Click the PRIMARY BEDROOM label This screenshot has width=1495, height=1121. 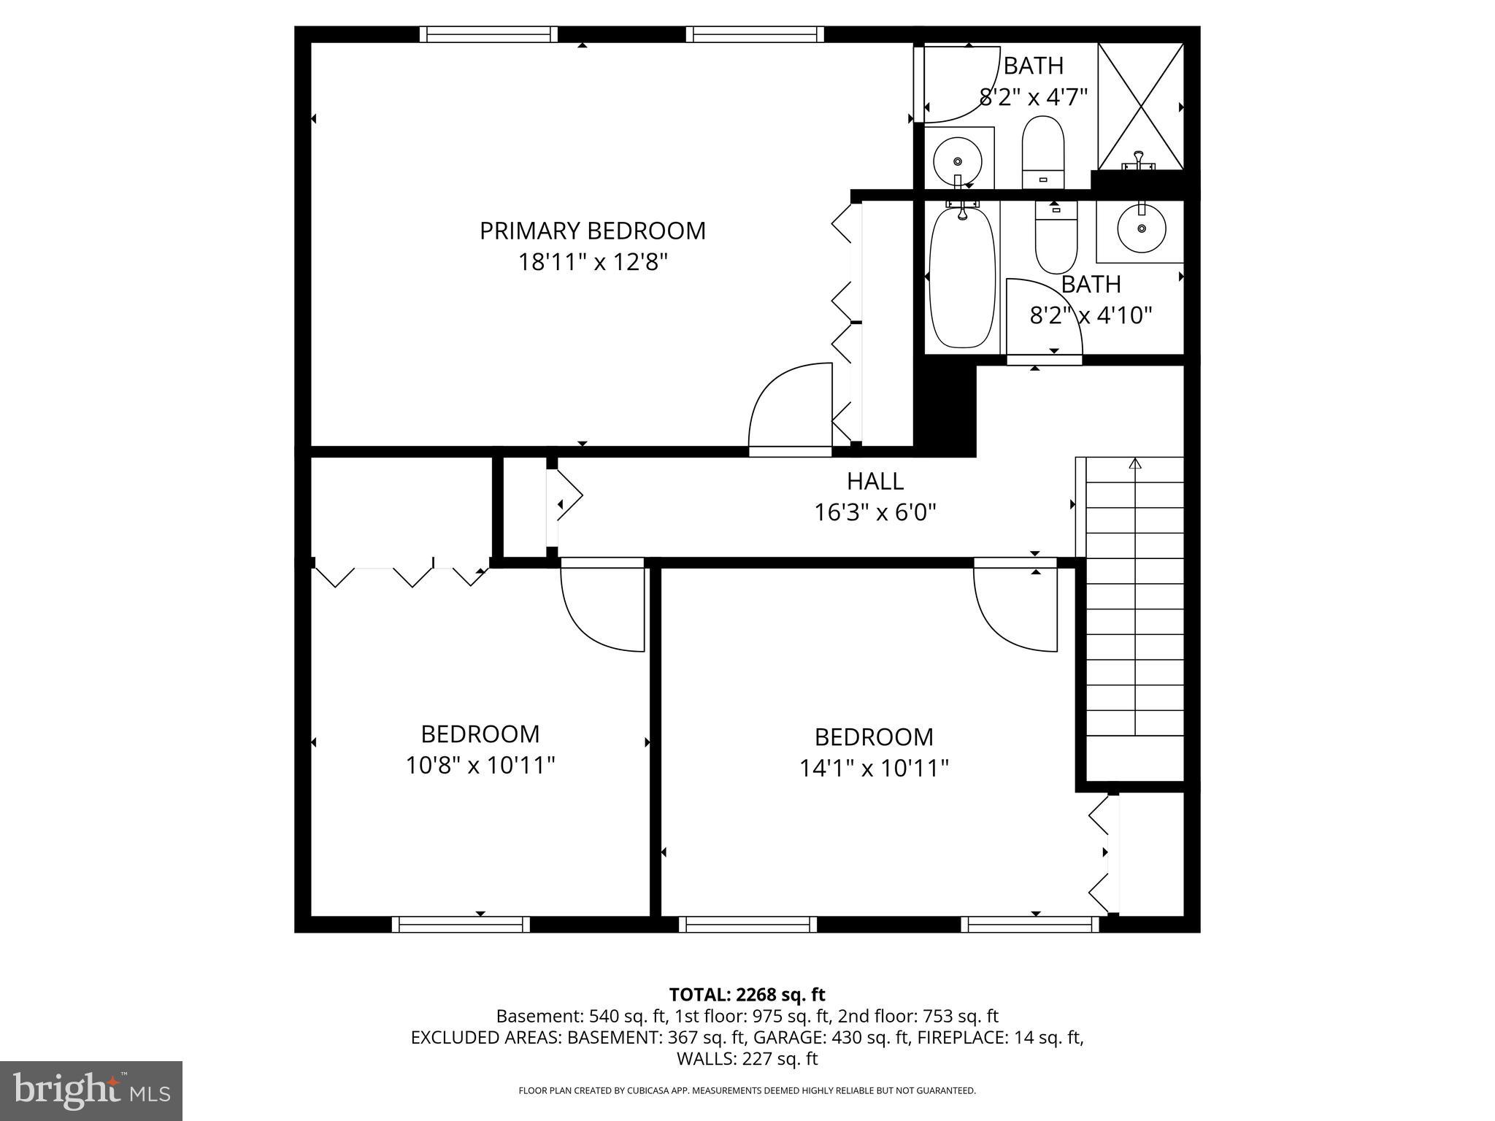tap(592, 231)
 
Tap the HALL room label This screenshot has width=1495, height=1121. tap(875, 481)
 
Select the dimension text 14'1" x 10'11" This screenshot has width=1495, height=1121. tap(874, 768)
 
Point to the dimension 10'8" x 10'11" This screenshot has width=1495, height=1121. tap(480, 766)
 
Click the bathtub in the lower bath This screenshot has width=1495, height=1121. tap(962, 278)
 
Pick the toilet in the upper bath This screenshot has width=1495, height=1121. tap(1042, 153)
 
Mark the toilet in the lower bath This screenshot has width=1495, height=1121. tap(1056, 237)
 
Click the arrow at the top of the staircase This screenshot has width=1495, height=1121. tap(1134, 464)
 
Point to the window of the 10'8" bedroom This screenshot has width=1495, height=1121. tap(461, 924)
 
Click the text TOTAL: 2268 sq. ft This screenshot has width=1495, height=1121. tap(747, 994)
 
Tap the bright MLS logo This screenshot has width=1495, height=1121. tap(91, 1090)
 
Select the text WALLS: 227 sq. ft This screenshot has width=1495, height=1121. tap(747, 1058)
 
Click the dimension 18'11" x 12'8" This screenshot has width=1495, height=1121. tap(592, 262)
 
